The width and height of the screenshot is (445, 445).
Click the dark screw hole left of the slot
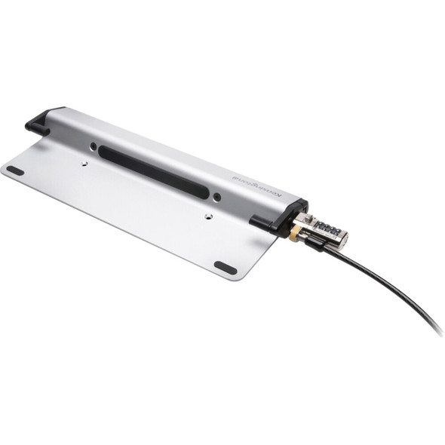coord(93,146)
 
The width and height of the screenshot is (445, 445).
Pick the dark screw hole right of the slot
coord(216,198)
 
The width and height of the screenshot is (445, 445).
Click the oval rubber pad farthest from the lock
coord(15,170)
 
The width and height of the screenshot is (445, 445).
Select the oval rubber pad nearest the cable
coord(225,267)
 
